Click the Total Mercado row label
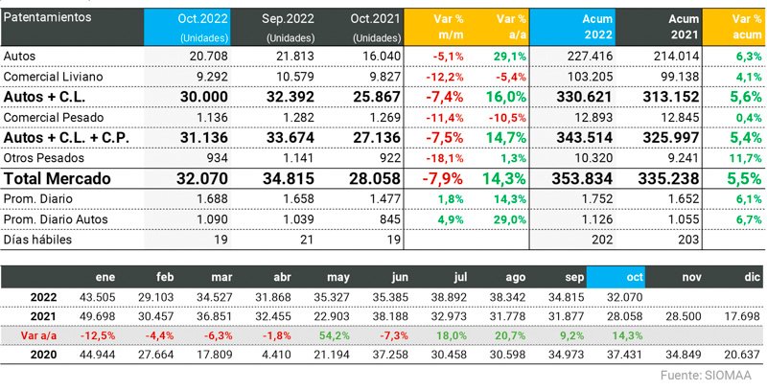pyautogui.click(x=58, y=178)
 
